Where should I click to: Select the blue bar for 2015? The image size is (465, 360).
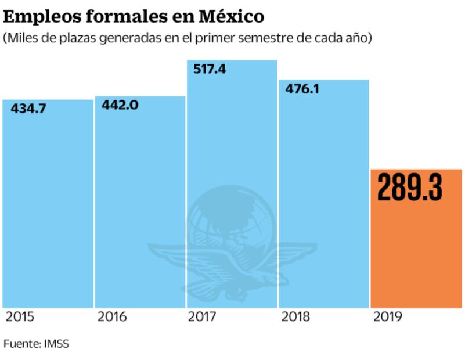pos(48,209)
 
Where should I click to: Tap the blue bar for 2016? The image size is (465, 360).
pos(140,203)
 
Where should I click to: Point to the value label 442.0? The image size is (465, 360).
pos(120,105)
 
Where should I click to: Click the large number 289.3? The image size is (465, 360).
pos(409,187)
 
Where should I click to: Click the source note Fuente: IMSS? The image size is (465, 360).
pos(36,344)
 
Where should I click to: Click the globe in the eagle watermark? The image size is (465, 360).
pos(231,218)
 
